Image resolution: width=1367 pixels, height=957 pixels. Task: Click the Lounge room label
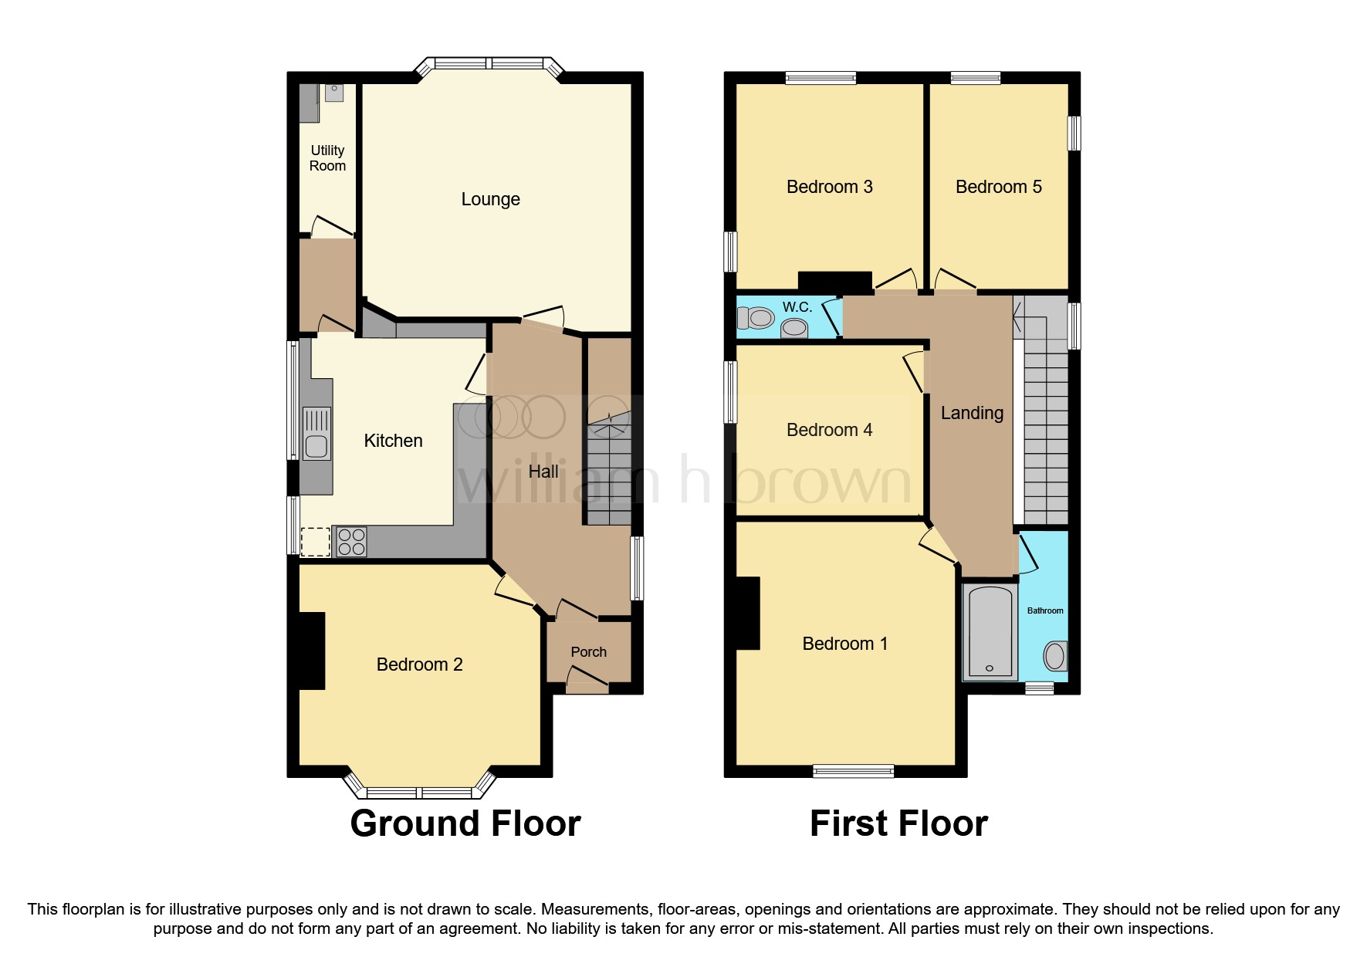pyautogui.click(x=490, y=199)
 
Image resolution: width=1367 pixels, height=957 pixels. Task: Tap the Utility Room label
pyautogui.click(x=327, y=158)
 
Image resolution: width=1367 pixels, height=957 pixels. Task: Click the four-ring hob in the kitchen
pyautogui.click(x=351, y=541)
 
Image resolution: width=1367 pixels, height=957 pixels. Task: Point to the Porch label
pyautogui.click(x=588, y=652)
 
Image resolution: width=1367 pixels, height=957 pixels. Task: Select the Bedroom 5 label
pyautogui.click(x=998, y=187)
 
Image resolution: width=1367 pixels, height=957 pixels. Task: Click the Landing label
pyautogui.click(x=972, y=413)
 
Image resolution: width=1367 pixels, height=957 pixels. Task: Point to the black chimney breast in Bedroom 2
pyautogui.click(x=311, y=650)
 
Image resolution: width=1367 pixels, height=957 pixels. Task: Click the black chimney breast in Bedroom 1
pyautogui.click(x=747, y=613)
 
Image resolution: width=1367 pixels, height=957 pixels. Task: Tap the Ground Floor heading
pyautogui.click(x=465, y=823)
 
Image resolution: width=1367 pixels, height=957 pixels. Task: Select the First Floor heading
pyautogui.click(x=898, y=823)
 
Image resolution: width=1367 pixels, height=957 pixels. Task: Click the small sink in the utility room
pyautogui.click(x=334, y=93)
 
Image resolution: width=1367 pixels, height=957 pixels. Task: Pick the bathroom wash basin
pyautogui.click(x=1054, y=657)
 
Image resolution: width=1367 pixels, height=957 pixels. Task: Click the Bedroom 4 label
pyautogui.click(x=829, y=430)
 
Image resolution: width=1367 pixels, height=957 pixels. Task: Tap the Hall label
pyautogui.click(x=543, y=472)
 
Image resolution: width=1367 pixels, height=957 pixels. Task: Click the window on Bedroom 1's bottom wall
pyautogui.click(x=853, y=770)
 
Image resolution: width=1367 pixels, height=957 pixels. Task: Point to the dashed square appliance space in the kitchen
pyautogui.click(x=315, y=541)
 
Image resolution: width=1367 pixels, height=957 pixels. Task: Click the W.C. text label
pyautogui.click(x=797, y=307)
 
